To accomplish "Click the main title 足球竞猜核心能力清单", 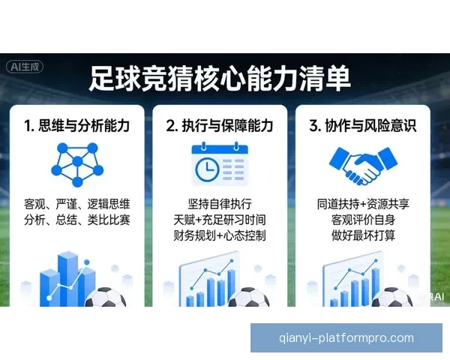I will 220,78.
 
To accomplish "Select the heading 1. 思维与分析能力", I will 76,125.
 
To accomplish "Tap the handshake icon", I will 363,166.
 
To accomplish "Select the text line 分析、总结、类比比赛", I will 76,220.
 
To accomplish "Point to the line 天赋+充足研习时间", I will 220,220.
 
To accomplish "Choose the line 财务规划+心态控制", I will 220,236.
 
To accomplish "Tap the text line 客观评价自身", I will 363,220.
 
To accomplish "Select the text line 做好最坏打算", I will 363,236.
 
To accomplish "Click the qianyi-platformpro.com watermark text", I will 346,338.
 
